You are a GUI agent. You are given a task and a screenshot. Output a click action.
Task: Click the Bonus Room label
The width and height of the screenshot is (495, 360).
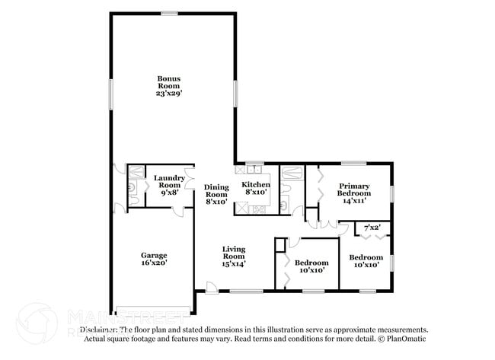pyautogui.click(x=168, y=79)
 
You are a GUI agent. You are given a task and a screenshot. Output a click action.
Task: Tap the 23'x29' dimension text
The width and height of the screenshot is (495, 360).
pyautogui.click(x=168, y=93)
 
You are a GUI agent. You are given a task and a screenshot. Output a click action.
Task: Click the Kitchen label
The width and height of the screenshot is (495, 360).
pyautogui.click(x=255, y=185)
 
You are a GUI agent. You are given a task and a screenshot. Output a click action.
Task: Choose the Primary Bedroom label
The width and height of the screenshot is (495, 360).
pyautogui.click(x=354, y=190)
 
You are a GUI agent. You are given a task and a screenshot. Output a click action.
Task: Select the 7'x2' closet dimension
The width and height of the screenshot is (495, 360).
pyautogui.click(x=372, y=228)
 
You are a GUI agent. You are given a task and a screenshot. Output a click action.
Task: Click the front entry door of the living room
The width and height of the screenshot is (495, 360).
pyautogui.click(x=211, y=287)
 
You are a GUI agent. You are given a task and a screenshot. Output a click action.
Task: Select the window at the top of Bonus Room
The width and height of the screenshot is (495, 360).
pyautogui.click(x=169, y=13)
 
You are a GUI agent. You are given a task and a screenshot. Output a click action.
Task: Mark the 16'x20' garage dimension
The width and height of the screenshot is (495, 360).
pyautogui.click(x=154, y=263)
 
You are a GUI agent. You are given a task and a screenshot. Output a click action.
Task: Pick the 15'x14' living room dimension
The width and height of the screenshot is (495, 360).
pyautogui.click(x=233, y=263)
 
